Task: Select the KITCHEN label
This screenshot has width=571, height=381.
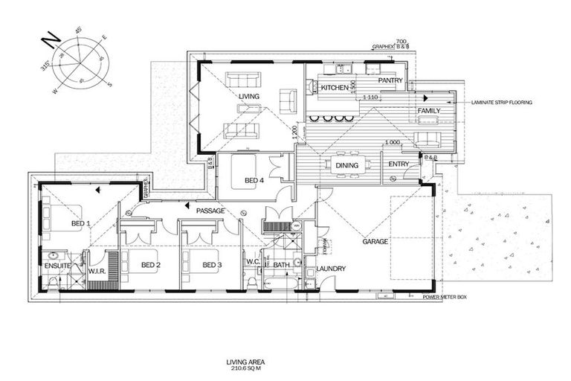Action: tap(335, 88)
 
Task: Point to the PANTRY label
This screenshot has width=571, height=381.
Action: tap(390, 80)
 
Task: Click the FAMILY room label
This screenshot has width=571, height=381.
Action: tap(428, 111)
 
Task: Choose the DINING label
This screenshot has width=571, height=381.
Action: tap(347, 165)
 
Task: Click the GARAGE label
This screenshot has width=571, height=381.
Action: tap(375, 241)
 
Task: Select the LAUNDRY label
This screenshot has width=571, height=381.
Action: tap(329, 269)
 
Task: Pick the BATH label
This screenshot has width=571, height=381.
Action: tap(281, 264)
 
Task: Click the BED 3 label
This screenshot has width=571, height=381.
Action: tap(211, 265)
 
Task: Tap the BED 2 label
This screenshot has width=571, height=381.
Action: tap(152, 265)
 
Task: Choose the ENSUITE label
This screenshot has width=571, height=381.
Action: tap(57, 264)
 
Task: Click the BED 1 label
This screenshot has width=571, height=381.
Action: tap(80, 223)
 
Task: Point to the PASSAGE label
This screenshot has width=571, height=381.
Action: tap(210, 211)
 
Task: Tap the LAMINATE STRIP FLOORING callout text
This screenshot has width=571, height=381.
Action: tap(502, 103)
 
